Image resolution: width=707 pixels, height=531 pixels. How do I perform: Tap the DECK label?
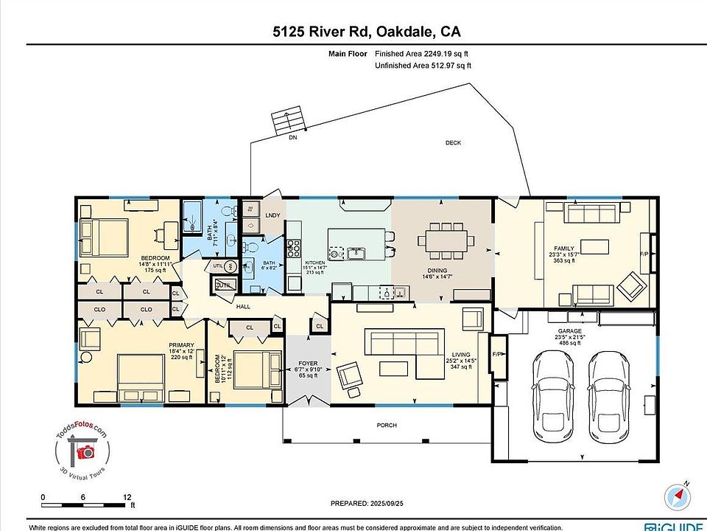[453, 142]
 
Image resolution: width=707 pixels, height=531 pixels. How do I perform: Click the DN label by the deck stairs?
[292, 137]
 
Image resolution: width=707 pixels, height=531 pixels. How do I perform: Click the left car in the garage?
[553, 393]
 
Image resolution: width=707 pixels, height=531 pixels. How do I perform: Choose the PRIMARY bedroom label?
[181, 345]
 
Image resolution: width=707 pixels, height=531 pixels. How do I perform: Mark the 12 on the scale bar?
[127, 497]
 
